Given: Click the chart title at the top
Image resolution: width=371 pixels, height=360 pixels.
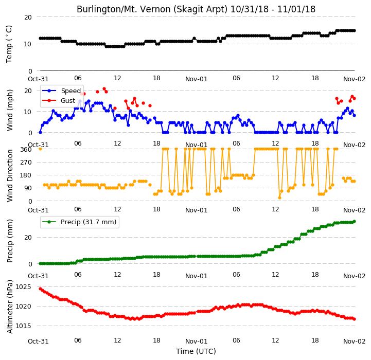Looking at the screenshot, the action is (196, 9).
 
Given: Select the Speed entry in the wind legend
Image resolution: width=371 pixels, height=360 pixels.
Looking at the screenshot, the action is (62, 91).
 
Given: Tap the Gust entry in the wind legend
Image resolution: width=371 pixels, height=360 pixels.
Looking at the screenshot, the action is (59, 100).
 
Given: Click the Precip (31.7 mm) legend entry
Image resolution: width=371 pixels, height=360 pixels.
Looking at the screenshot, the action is (79, 222).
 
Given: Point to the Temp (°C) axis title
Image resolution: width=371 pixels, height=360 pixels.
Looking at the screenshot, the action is (9, 44).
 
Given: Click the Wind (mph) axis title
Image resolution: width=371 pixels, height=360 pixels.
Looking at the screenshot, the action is (10, 110).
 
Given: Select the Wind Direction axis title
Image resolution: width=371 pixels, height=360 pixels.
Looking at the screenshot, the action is (10, 175).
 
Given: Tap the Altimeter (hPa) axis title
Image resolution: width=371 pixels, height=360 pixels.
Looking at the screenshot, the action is (10, 307).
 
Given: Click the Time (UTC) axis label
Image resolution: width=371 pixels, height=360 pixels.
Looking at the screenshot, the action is (196, 351).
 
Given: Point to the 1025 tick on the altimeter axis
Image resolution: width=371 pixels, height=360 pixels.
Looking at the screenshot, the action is (24, 287).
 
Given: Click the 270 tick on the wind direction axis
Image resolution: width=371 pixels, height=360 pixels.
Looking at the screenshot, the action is (26, 163).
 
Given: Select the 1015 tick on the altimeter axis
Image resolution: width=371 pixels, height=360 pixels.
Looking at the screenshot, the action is (24, 326).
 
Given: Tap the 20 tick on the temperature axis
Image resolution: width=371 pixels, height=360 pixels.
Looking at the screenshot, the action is (28, 17).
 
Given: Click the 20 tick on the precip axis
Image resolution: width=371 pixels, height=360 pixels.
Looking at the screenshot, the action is (28, 238).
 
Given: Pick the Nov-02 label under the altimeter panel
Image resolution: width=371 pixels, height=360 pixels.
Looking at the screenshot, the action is (354, 341).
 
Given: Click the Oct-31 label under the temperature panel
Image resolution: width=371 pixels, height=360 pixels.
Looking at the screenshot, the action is (38, 79).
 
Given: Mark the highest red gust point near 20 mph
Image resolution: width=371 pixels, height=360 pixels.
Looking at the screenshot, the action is (104, 89).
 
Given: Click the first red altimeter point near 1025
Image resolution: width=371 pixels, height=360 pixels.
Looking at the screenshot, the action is (40, 289).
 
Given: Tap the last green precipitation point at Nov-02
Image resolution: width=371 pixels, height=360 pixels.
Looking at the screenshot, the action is (354, 221).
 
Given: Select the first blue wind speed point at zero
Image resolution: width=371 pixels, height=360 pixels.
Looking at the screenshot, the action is (40, 133).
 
